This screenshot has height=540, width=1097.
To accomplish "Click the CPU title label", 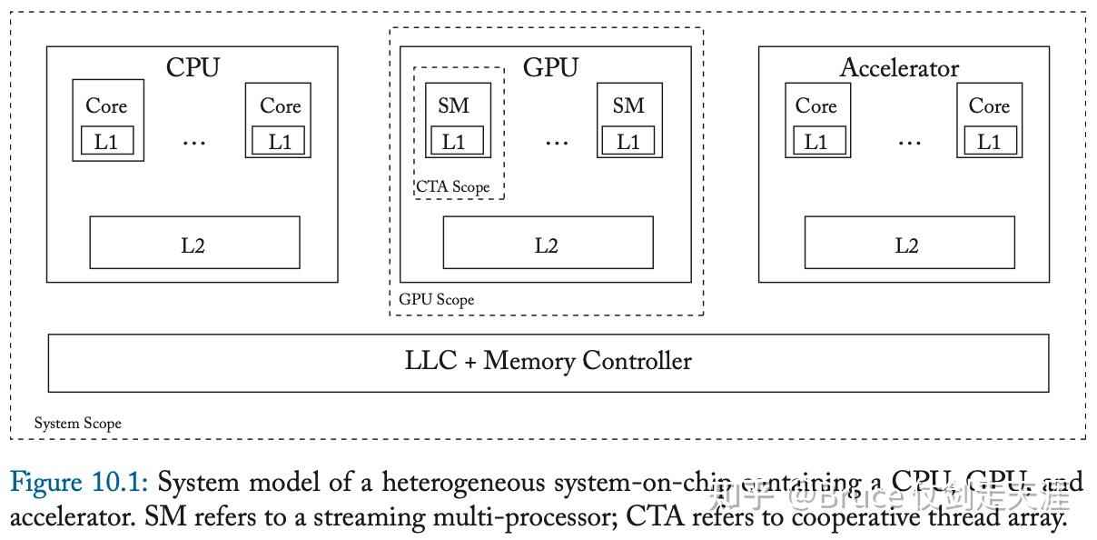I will [193, 67].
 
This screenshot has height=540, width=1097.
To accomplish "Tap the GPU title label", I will [550, 67].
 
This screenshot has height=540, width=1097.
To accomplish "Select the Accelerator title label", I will [899, 67].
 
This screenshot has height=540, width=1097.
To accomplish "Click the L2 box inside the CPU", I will [194, 243].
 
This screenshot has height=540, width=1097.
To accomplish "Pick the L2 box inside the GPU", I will [547, 243].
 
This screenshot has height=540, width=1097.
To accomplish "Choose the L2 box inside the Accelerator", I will [909, 243].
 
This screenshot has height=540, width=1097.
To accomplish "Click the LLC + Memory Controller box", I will [548, 363].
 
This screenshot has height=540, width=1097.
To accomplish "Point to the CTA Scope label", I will [453, 187].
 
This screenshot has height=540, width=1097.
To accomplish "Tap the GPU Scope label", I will [437, 299].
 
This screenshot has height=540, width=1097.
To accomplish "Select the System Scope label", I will [78, 423].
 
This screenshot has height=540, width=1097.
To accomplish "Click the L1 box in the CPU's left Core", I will [107, 142].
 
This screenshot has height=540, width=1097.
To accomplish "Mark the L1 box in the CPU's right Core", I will [280, 142].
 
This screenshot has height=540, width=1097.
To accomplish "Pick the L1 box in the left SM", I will [454, 142].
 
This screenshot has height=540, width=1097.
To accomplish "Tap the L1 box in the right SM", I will [628, 142].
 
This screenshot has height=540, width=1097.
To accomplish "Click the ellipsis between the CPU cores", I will [194, 142].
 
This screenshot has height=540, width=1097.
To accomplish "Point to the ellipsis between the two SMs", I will [556, 142].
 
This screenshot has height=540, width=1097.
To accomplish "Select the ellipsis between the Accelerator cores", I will [908, 142].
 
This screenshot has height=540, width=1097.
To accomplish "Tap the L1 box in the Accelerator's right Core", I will [989, 142].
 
